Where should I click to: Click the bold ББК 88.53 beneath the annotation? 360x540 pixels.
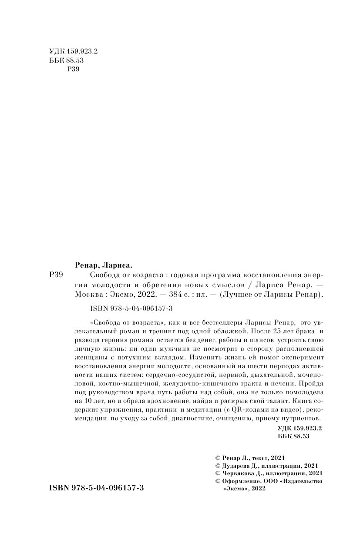coord(293,436)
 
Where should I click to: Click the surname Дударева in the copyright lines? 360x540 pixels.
coord(239,466)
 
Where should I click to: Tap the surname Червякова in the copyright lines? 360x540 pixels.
coord(240,473)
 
